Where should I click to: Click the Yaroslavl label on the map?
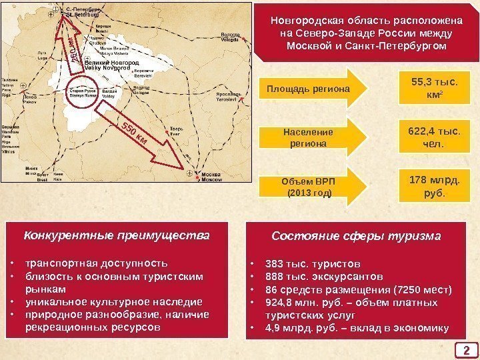[229, 97]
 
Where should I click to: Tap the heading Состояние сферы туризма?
[356, 236]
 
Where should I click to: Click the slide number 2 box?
[467, 349]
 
